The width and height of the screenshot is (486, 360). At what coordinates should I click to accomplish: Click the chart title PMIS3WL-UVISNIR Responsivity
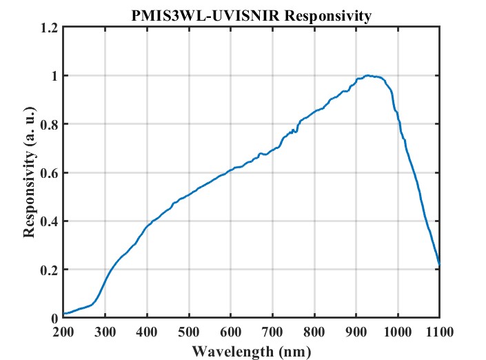[x=251, y=14]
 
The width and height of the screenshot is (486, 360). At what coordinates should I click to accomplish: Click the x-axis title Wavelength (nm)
[x=251, y=351]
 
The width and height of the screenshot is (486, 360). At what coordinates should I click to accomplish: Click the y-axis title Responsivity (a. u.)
[x=29, y=172]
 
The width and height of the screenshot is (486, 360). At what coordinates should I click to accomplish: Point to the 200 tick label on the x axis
[x=63, y=332]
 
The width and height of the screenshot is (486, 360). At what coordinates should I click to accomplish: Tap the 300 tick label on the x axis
[x=105, y=332]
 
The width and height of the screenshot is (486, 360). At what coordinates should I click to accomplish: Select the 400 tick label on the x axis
[x=147, y=332]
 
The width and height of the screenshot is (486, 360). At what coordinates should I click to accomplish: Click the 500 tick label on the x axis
[x=189, y=332]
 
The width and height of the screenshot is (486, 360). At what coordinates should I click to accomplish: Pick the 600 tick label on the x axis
[x=230, y=332]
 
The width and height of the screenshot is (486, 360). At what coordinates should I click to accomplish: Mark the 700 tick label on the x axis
[x=272, y=332]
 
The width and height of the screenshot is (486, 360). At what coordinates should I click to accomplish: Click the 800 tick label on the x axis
[x=314, y=332]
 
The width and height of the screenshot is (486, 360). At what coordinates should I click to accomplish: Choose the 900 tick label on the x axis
[x=356, y=332]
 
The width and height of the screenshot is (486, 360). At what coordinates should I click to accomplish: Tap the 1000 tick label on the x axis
[x=397, y=332]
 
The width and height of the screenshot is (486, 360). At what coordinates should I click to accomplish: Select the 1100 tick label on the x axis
[x=439, y=332]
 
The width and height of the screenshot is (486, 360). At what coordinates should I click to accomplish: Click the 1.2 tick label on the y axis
[x=50, y=28]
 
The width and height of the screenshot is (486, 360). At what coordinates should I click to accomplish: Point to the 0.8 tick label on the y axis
[x=50, y=124]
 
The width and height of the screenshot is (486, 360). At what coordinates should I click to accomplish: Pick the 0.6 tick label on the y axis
[x=50, y=173]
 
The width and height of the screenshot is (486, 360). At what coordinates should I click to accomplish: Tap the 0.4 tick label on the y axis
[x=50, y=221]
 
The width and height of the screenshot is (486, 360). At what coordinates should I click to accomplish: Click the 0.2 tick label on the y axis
[x=50, y=270]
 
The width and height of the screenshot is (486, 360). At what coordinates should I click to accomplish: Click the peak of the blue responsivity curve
[x=368, y=75]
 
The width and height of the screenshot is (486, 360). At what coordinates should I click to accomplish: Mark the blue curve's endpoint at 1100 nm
[x=439, y=264]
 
